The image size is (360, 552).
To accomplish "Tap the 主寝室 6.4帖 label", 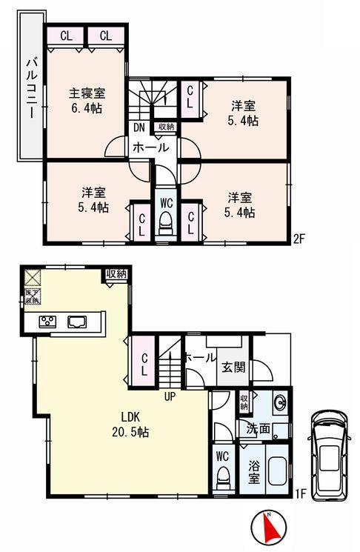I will pos(87,101).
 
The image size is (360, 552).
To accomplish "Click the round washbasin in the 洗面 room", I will pos(281,404).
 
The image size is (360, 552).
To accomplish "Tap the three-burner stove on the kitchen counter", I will pos(48,322).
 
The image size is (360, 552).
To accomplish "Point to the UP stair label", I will pos(170,396).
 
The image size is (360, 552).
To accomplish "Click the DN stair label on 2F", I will pos(139,127).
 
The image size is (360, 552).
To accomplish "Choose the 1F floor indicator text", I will pos(301,491).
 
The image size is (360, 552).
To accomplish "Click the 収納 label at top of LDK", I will pos(116,274).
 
